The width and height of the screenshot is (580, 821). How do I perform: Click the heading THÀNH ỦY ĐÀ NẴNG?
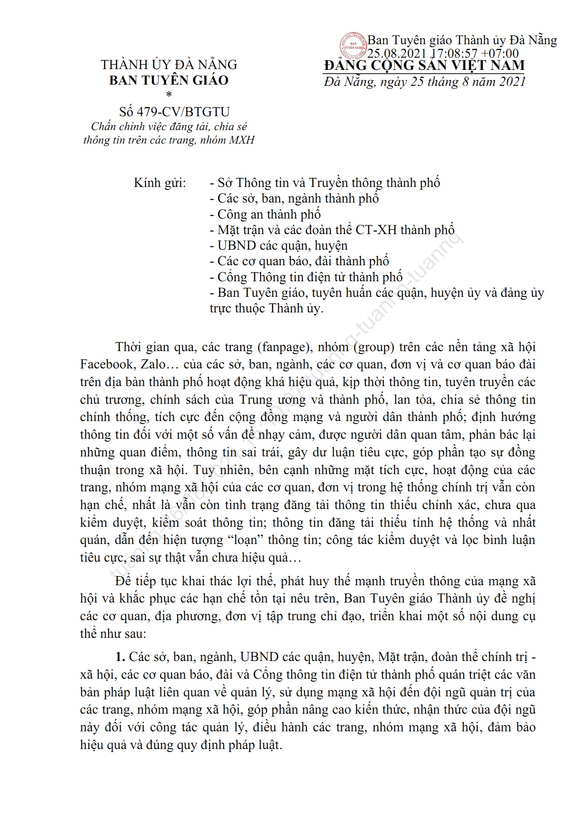(169, 64)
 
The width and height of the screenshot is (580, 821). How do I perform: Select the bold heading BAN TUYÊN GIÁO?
(169, 80)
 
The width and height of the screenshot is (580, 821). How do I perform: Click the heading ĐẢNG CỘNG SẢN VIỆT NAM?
(424, 65)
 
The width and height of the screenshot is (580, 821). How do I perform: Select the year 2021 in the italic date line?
(512, 81)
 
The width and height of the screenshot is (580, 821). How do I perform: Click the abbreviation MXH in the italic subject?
(242, 140)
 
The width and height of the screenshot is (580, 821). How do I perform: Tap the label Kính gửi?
(160, 184)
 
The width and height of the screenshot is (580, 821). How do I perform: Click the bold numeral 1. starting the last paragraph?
(121, 657)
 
